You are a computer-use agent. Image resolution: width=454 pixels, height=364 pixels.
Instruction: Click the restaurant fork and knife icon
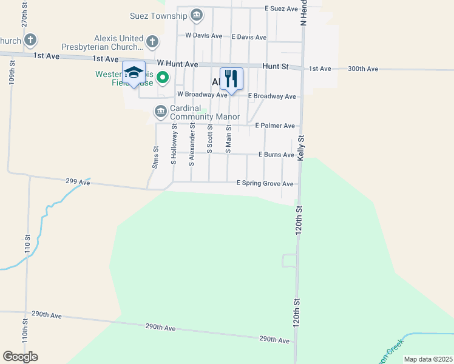(231, 78)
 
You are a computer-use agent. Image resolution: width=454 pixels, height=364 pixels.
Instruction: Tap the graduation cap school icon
(134, 73)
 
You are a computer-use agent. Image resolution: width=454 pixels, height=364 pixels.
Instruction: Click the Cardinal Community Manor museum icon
(160, 111)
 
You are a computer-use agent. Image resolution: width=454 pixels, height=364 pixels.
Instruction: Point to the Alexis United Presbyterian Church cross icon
(152, 41)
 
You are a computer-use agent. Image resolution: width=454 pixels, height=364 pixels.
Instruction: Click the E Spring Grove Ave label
(265, 183)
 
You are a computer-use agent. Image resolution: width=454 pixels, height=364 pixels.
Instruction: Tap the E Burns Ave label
(276, 155)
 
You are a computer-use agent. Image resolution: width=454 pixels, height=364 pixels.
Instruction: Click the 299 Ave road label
(78, 181)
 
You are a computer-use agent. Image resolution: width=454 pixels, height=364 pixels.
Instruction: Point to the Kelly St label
(300, 148)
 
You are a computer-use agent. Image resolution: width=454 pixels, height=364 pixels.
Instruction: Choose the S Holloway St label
(174, 144)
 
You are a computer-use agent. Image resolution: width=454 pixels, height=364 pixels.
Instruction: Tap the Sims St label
(155, 157)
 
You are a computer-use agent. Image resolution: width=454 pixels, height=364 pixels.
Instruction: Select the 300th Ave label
(363, 69)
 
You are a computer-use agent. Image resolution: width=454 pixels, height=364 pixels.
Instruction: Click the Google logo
(20, 357)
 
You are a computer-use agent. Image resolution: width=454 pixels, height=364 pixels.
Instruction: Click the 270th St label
(25, 13)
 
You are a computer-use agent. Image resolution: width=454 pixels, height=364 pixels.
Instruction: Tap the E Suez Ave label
(282, 9)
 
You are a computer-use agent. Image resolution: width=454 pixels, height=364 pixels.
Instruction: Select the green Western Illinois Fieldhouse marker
(162, 78)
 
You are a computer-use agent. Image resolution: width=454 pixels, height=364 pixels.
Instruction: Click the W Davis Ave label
(204, 35)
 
